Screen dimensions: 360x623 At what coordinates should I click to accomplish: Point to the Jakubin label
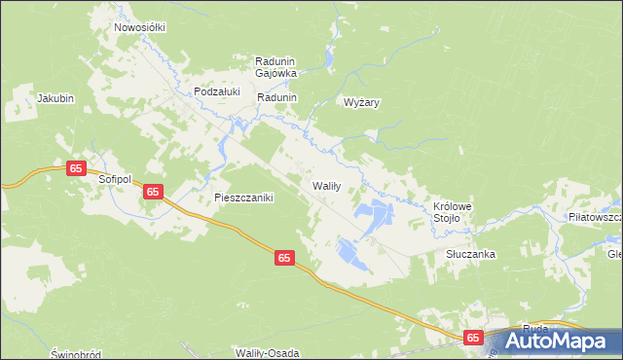tap(55, 98)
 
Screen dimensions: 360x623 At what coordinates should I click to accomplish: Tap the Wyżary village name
tap(360, 101)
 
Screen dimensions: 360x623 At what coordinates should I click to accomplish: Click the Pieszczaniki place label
tap(243, 197)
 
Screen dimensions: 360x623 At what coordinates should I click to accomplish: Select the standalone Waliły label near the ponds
tap(325, 185)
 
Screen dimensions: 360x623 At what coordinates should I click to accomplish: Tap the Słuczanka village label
tap(471, 254)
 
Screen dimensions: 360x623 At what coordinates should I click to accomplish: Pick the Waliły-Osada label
tap(266, 351)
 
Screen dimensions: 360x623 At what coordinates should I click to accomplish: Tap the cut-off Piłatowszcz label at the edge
tap(596, 216)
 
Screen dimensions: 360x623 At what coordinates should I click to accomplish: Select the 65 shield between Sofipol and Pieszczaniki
tap(153, 192)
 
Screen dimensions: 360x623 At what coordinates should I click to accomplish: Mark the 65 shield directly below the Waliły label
tap(283, 258)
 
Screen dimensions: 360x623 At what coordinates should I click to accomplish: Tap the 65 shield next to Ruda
tap(473, 337)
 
